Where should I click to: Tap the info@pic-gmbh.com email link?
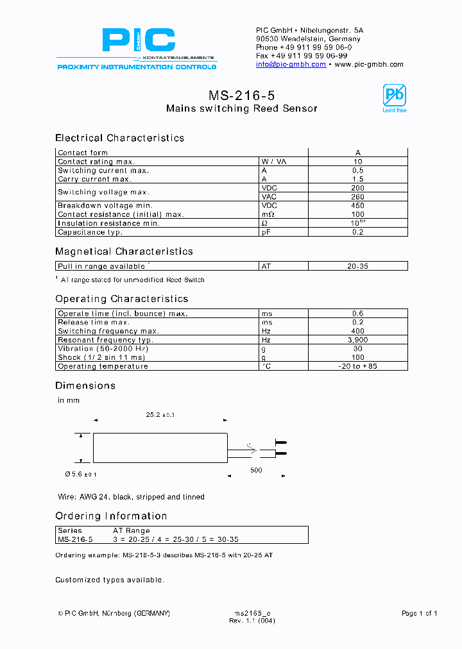(x=291, y=64)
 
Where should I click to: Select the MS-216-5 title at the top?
(x=241, y=96)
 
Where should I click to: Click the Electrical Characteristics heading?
(x=119, y=138)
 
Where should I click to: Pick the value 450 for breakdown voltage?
(x=357, y=206)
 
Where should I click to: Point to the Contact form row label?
(x=83, y=153)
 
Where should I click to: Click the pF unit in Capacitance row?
(x=266, y=232)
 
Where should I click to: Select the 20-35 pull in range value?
(x=357, y=266)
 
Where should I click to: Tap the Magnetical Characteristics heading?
(x=124, y=251)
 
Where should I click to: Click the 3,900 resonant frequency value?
(x=357, y=340)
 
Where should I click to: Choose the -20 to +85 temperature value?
(x=357, y=366)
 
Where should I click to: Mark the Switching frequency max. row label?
(x=108, y=331)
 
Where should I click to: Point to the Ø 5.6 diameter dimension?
(x=81, y=474)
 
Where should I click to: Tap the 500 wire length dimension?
(x=257, y=470)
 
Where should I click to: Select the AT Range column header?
(x=132, y=530)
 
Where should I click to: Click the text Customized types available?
(x=110, y=580)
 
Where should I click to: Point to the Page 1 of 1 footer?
(x=419, y=613)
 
